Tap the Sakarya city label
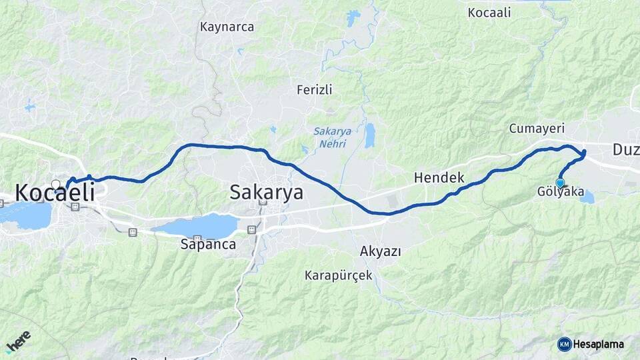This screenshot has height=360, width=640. [266, 193]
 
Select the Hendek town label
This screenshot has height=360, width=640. [439, 178]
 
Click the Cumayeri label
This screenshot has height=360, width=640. [537, 128]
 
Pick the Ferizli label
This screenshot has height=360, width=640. [315, 89]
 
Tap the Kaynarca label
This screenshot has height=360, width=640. [227, 27]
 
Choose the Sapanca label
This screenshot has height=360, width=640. [208, 244]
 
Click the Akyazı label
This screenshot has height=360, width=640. [380, 251]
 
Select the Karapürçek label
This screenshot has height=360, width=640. [339, 275]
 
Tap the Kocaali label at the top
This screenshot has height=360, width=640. [489, 13]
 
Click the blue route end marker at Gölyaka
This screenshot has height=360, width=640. [560, 183]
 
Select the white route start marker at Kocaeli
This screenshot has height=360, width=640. [56, 184]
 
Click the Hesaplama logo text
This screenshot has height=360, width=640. [598, 344]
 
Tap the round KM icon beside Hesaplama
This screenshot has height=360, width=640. [564, 344]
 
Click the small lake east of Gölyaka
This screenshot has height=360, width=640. [587, 196]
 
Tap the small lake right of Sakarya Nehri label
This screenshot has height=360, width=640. [369, 135]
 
